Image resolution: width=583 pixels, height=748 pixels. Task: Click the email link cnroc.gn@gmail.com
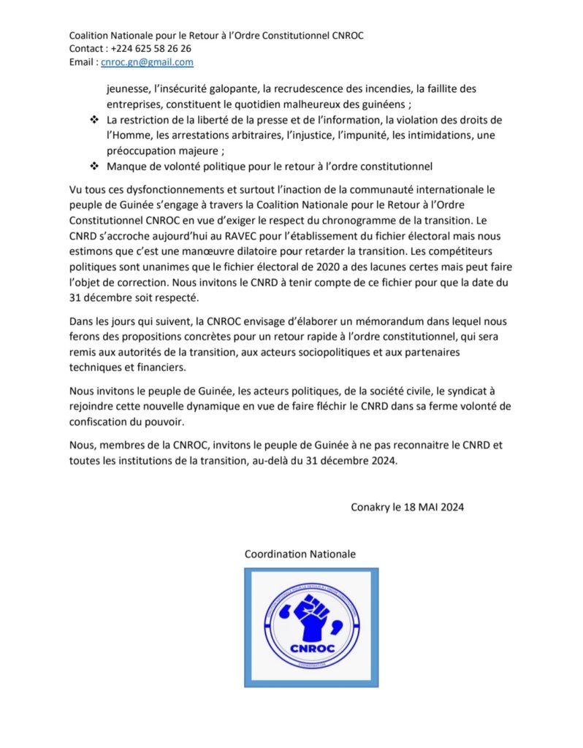pos(147,62)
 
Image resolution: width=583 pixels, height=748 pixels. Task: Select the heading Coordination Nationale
pos(300,554)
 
